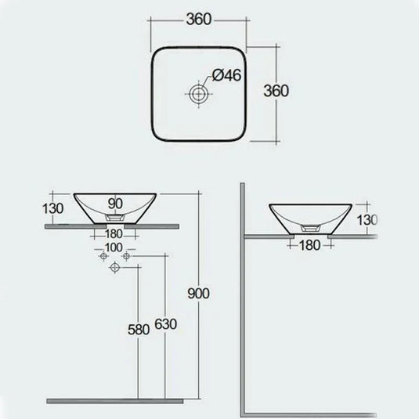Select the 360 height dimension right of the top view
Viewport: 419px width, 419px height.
276,90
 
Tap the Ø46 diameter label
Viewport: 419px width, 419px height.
226,76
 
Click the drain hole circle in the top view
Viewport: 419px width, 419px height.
200,94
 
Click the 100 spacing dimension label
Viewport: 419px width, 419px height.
114,247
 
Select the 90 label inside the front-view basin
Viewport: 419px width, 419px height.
116,204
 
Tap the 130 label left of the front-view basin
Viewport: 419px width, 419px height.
52,208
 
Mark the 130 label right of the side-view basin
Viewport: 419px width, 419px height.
367,219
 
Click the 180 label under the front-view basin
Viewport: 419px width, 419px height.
115,233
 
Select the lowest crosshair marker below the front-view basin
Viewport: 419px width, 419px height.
116,267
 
